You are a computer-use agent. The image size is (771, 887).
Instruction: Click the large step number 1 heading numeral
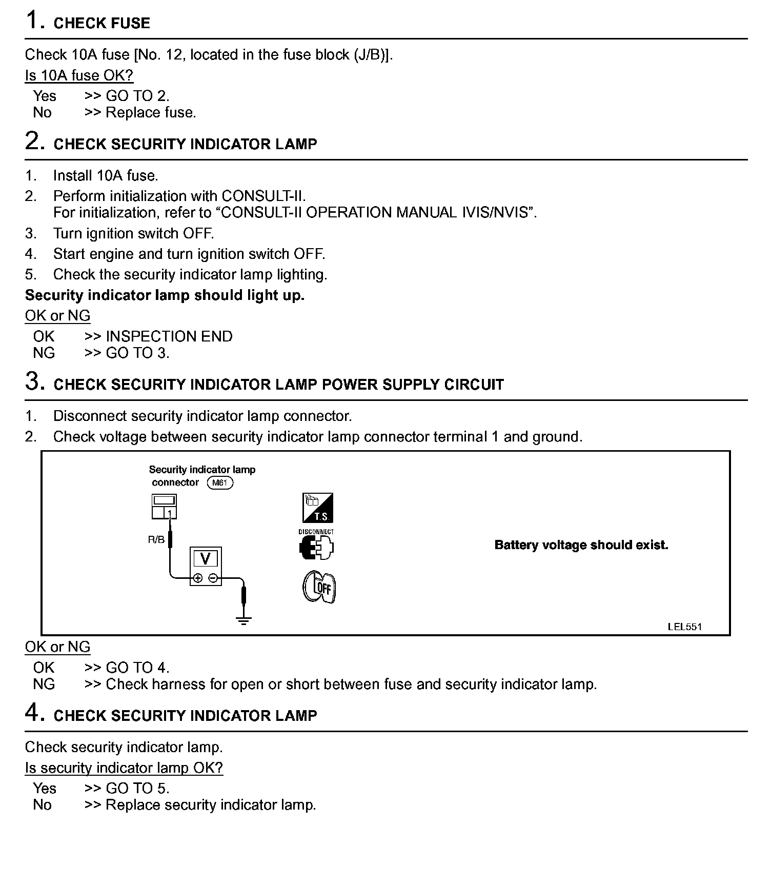(32, 21)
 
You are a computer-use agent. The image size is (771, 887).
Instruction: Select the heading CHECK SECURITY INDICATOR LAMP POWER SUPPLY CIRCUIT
(278, 385)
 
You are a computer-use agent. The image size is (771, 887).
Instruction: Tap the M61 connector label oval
(220, 483)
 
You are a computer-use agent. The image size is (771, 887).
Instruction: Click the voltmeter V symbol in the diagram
(205, 559)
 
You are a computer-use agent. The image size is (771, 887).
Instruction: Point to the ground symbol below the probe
(244, 621)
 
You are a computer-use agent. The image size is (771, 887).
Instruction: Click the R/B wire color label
(156, 540)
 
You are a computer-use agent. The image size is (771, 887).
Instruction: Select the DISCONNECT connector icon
(316, 545)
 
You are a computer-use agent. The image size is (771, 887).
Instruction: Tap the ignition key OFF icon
(318, 587)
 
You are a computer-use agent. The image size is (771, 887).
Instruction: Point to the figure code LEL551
(684, 627)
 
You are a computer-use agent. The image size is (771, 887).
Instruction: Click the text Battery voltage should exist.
(581, 545)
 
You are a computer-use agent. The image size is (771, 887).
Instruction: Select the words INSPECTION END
(169, 336)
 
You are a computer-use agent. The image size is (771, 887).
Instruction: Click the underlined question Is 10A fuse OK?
(79, 75)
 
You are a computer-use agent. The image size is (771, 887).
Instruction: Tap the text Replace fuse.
(151, 112)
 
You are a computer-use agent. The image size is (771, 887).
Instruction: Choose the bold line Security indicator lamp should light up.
(165, 295)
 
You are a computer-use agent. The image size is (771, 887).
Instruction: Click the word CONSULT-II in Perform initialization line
(263, 196)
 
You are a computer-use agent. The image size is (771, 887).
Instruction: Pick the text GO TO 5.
(137, 788)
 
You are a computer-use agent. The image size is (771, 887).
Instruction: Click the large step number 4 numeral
(32, 713)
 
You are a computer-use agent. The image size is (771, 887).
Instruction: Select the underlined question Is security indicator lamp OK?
(124, 768)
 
